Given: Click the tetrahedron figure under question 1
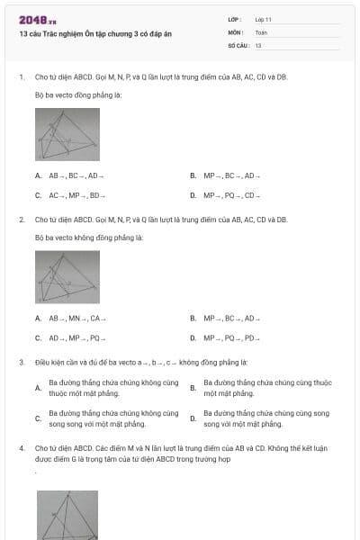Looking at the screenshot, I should [x=67, y=134].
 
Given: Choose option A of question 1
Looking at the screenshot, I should [x=76, y=175].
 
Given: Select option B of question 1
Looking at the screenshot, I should [x=230, y=175].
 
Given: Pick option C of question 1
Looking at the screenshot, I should [x=76, y=195].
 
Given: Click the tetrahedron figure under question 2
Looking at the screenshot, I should [x=67, y=276].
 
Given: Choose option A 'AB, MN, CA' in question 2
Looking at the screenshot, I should [x=76, y=318].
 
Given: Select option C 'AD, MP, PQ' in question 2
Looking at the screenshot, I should [x=76, y=338].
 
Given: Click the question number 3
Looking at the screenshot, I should [x=21, y=362].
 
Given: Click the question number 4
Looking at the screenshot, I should [x=21, y=446].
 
